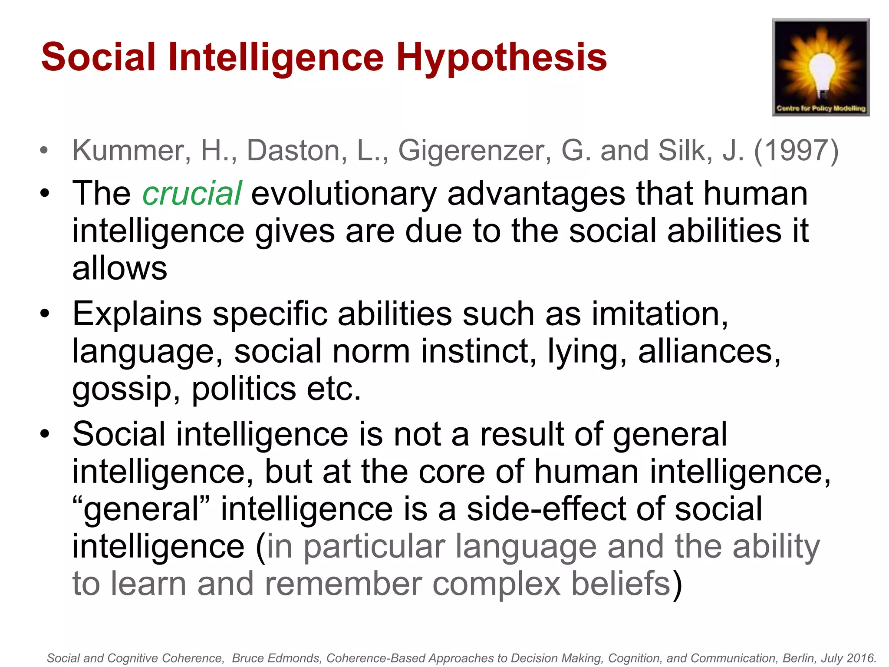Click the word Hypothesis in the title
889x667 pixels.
click(501, 58)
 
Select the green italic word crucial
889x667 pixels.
click(192, 194)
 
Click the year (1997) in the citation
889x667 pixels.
click(797, 151)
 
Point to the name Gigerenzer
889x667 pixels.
click(475, 151)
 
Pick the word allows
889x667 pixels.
click(120, 268)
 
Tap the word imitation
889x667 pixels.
click(660, 314)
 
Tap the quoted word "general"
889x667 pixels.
click(141, 509)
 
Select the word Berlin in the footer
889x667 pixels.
click(798, 658)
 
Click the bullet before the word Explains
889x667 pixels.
click(45, 314)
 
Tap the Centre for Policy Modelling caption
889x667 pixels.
click(821, 108)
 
